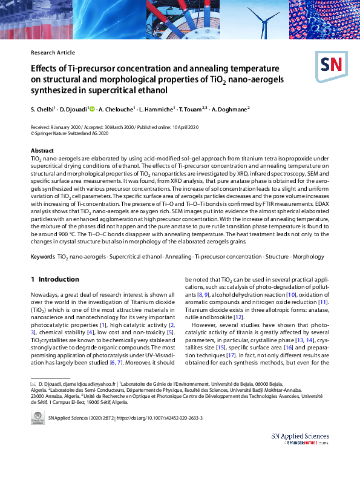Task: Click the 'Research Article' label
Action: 53,53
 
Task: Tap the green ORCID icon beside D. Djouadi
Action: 92,109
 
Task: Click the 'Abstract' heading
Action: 42,150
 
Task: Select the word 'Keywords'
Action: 43,257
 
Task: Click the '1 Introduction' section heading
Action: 54,279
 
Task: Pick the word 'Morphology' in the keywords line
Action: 310,257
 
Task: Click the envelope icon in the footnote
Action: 33,385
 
